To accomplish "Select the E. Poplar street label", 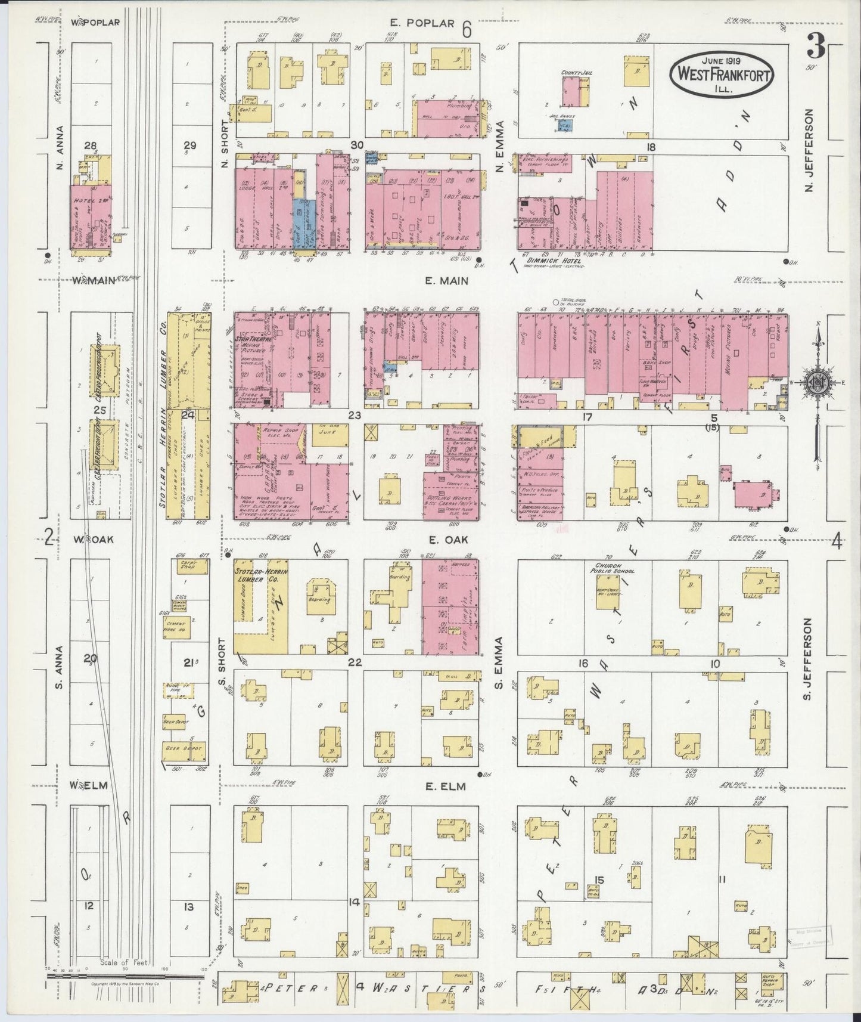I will click(x=423, y=23).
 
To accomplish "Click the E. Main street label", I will click(x=446, y=280).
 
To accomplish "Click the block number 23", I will click(x=355, y=416).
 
